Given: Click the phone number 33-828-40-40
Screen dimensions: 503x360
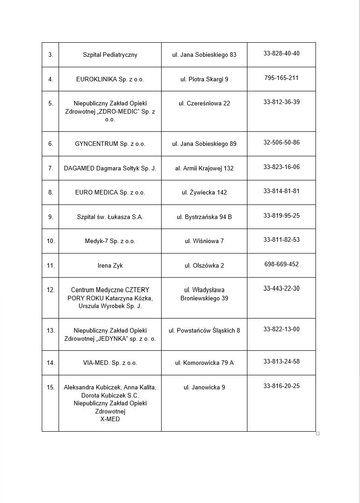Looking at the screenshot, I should (x=281, y=53).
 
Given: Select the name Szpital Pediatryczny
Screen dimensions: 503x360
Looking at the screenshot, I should (x=110, y=55).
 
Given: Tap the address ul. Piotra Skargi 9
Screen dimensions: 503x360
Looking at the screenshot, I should (x=204, y=79).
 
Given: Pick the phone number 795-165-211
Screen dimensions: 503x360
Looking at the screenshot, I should (x=281, y=78).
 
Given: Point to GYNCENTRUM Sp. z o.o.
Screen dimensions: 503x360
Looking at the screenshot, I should (x=110, y=144).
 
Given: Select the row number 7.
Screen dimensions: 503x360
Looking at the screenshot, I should (x=50, y=168).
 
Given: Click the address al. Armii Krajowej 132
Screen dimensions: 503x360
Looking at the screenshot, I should (x=204, y=168).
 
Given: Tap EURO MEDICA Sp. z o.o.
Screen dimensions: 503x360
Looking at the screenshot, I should (x=110, y=192).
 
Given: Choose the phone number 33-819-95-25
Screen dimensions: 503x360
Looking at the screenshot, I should (x=281, y=215).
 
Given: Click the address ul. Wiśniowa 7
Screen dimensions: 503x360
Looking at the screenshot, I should (x=204, y=241).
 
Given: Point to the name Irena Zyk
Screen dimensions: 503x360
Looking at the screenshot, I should (x=110, y=265).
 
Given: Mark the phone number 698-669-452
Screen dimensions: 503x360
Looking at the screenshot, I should (x=281, y=264).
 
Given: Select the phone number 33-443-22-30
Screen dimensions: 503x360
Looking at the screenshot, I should (x=281, y=289).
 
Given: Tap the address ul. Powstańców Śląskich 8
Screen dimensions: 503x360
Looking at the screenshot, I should (x=204, y=330).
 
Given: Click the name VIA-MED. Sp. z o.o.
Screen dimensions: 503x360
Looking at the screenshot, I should (x=110, y=363).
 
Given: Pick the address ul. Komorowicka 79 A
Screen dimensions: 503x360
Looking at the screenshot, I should (x=204, y=363).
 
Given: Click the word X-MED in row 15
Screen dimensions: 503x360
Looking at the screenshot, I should (x=110, y=419).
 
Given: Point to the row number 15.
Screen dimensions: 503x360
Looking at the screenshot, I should (x=50, y=387).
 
